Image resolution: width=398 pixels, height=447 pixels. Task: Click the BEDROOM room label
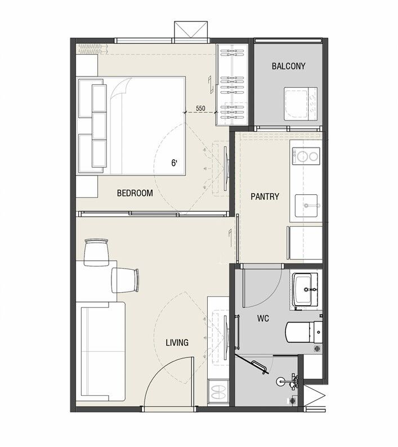(x=135, y=193)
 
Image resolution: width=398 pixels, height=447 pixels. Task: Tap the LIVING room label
(x=177, y=342)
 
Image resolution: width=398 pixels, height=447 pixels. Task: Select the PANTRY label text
(x=265, y=196)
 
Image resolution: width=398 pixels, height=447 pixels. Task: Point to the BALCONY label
(x=289, y=66)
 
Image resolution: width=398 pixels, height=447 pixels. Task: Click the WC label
(x=263, y=318)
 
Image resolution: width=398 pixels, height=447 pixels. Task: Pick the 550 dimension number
(x=200, y=108)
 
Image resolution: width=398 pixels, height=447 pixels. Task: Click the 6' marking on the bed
(x=174, y=163)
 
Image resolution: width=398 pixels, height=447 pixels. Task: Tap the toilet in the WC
(x=304, y=332)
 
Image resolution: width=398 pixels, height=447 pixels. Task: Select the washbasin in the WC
(x=305, y=290)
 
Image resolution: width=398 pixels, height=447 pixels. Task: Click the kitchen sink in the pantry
(x=306, y=205)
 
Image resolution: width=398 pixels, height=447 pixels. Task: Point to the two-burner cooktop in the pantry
(x=306, y=156)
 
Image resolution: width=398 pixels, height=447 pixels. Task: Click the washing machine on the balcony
(x=301, y=104)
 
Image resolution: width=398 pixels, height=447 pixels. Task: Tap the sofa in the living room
(x=101, y=352)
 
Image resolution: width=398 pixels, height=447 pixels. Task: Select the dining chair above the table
(x=97, y=252)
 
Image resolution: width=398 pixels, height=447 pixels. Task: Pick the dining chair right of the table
(x=125, y=280)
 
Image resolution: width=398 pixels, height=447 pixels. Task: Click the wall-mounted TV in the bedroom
(x=226, y=169)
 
